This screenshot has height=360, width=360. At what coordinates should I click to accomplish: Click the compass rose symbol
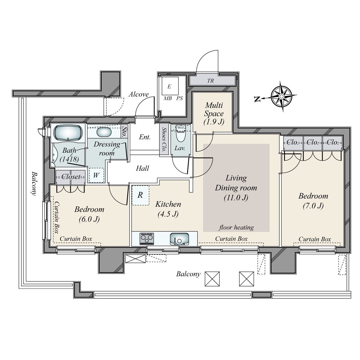pos(281,96)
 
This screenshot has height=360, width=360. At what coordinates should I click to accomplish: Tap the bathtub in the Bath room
pos(68,133)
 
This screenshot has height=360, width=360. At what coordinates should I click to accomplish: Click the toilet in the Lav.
pos(181,136)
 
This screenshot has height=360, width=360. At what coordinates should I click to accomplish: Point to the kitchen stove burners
pos(147,238)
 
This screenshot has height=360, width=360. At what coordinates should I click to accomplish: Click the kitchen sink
pos(179,239)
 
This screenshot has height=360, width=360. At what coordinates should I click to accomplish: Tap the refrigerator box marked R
pos(140,195)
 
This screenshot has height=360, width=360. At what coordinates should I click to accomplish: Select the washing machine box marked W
pos(96,175)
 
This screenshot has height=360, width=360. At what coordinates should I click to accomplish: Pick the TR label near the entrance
pos(211,81)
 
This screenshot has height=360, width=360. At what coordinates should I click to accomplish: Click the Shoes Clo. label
pos(164,139)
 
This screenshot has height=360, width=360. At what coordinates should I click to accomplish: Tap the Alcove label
pos(139,94)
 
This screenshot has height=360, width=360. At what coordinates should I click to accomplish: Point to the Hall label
pos(142,168)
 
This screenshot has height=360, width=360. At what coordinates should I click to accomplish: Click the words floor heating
pos(236,227)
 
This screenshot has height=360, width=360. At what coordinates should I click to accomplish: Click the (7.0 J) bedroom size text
pos(313,206)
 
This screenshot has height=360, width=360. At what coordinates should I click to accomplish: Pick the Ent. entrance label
pos(145,137)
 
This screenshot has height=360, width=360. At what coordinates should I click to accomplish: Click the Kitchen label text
pos(168,204)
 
